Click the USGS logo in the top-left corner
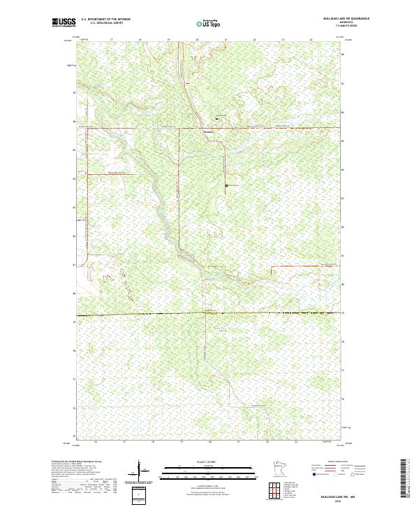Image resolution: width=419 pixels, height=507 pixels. click(64, 22)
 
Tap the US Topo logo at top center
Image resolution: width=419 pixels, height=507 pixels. click(209, 23)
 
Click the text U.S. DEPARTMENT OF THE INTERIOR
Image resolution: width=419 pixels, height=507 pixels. click(105, 19)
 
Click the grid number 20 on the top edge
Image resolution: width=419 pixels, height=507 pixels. click(197, 40)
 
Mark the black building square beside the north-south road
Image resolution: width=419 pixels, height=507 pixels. click(227, 185)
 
